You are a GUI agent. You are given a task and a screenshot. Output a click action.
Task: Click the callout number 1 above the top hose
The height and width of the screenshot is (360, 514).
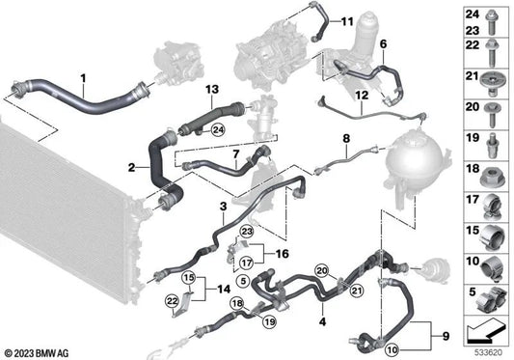click(83, 78)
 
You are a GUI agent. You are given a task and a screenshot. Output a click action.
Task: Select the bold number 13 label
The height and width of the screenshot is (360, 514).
click(212, 89)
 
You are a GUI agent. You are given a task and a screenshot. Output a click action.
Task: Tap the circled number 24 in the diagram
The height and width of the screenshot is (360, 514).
click(218, 130)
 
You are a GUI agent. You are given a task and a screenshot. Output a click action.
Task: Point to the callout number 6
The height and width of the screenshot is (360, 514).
click(383, 44)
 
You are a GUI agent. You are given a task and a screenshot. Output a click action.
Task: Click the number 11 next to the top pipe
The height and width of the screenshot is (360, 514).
click(347, 21)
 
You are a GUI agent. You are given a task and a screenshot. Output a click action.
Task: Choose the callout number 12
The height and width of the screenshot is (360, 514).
click(362, 96)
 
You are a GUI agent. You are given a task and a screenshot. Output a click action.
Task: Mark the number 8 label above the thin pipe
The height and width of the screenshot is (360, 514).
click(346, 138)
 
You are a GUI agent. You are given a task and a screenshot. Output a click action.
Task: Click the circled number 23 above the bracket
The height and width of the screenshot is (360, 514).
click(247, 232)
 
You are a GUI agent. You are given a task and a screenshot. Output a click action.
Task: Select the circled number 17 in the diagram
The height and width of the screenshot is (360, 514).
click(247, 263)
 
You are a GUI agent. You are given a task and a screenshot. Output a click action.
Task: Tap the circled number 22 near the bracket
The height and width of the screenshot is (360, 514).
click(173, 300)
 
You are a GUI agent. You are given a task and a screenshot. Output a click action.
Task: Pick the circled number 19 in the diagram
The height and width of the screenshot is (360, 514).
click(269, 322)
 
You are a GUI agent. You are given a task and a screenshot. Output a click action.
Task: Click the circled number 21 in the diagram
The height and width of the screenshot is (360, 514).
click(358, 291)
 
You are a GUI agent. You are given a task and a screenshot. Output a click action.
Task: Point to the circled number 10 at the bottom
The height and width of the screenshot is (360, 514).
click(392, 349)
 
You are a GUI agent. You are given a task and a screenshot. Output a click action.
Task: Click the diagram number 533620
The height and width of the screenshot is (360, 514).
click(489, 353)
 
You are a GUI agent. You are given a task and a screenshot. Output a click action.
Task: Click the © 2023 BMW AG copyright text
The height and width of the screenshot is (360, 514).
click(37, 353)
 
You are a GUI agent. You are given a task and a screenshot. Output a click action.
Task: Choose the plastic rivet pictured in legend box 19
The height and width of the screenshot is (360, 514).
click(491, 146)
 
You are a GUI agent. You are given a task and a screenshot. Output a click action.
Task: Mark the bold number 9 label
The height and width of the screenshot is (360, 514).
click(446, 336)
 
